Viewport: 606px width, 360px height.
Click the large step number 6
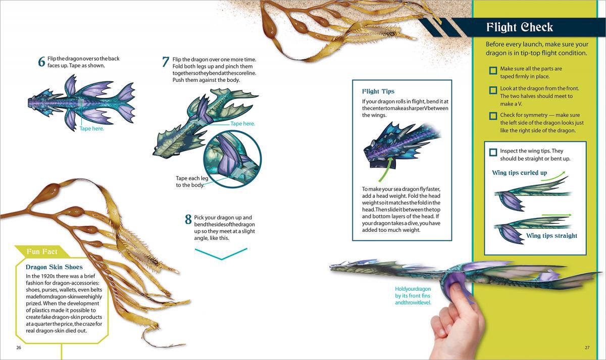42,62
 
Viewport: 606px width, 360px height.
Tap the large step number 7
166,62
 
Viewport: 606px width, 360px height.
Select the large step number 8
188,220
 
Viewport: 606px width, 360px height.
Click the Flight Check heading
519,27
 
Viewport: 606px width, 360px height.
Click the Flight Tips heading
378,91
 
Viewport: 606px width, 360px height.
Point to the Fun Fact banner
42,251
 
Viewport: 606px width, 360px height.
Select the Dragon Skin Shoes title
54,267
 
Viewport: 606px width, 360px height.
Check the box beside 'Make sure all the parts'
493,71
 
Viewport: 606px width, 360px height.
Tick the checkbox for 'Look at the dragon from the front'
493,91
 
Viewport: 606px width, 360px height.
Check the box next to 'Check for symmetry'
493,116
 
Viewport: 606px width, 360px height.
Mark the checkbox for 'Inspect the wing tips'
493,152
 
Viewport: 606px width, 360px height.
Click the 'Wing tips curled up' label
519,173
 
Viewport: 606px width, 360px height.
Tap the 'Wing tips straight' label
551,236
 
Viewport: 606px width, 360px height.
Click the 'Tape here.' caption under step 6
91,129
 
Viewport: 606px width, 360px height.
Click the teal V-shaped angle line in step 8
221,253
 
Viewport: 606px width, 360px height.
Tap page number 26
19,347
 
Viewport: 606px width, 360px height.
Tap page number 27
587,347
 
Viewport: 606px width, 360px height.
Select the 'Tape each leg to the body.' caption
189,182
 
